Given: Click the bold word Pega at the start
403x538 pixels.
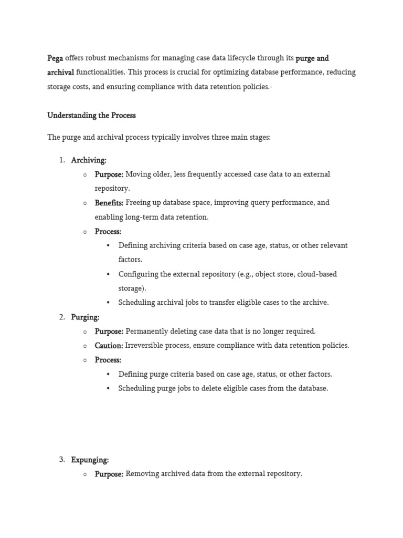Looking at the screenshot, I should click(x=55, y=58).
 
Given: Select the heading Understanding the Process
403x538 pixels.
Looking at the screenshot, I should click(x=91, y=115).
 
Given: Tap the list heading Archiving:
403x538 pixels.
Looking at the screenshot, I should click(x=89, y=160).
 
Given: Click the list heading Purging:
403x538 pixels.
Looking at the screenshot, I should click(x=85, y=317).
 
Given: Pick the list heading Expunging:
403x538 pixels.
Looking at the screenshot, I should click(x=90, y=460).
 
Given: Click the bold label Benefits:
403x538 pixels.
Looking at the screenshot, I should click(x=109, y=202).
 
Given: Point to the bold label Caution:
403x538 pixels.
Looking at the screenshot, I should click(x=109, y=345).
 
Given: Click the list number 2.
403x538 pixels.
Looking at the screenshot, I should click(x=62, y=317).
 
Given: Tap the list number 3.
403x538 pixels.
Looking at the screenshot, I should click(x=62, y=460).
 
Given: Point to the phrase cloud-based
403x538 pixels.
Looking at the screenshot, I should click(x=317, y=274).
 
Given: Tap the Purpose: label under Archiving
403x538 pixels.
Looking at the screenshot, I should click(x=109, y=174).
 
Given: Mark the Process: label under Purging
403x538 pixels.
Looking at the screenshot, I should click(x=108, y=360).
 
